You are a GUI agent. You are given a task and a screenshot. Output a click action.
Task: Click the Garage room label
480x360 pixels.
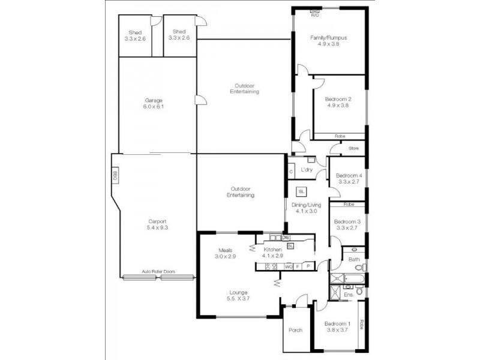tap(154, 103)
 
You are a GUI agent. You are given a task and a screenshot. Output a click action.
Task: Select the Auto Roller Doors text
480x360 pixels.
tap(158, 271)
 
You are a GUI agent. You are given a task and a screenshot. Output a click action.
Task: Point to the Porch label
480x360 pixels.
tap(295, 330)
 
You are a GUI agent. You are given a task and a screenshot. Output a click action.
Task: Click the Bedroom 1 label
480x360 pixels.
tap(337, 326)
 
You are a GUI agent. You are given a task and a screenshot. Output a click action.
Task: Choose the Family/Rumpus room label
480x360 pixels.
tap(328, 41)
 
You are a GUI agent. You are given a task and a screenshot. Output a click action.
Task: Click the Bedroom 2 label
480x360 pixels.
tap(338, 102)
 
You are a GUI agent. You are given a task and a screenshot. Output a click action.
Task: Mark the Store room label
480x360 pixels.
tap(353, 148)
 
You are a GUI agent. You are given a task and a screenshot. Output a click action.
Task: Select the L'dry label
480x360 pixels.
tap(306, 170)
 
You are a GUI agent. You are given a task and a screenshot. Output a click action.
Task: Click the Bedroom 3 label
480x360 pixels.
tap(348, 224)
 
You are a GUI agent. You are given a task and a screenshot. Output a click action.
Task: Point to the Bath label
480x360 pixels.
tap(354, 259)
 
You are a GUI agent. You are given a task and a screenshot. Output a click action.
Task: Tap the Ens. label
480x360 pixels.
tap(349, 295)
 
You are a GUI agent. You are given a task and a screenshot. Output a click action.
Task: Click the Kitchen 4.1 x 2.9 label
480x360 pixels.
tap(272, 252)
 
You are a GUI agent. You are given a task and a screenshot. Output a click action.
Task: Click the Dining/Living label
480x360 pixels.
tap(306, 208)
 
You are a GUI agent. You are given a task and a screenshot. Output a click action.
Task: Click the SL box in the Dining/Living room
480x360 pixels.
tap(301, 191)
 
